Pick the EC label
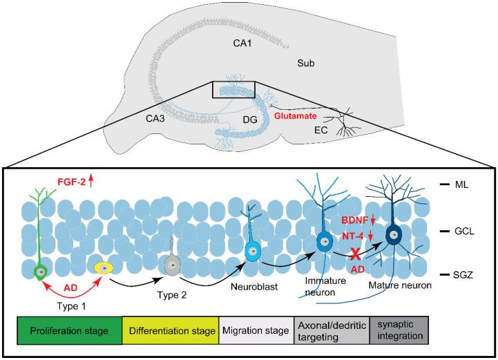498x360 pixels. pos(321,129)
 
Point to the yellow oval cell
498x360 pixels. pos(104,267)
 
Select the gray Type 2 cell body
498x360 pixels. pos(171,263)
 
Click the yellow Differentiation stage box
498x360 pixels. pos(163,331)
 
